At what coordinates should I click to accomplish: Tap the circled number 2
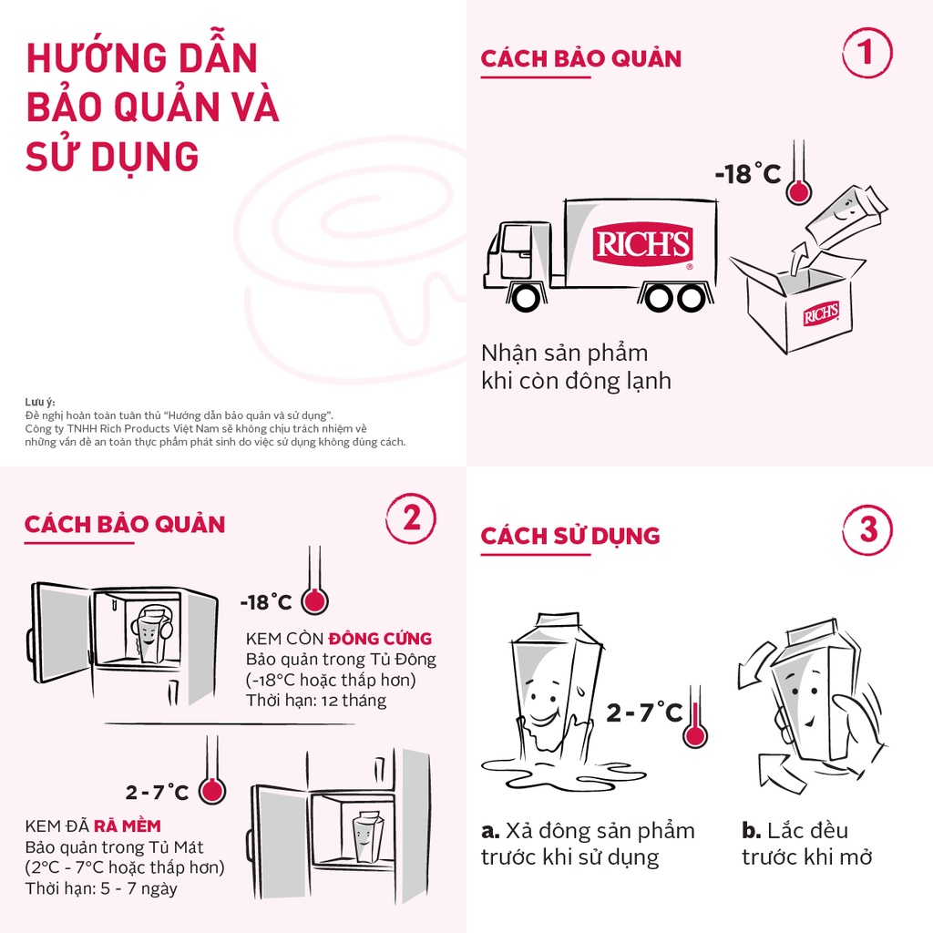[x=411, y=518]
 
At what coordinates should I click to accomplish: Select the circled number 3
[x=868, y=528]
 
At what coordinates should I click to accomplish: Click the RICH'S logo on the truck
[x=643, y=245]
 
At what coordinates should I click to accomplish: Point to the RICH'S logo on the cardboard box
[x=820, y=315]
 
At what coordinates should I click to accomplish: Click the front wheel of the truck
[x=525, y=297]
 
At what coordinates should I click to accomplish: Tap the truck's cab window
[x=516, y=239]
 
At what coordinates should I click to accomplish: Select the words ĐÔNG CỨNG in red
[x=380, y=638]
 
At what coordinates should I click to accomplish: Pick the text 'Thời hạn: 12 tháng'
[x=316, y=701]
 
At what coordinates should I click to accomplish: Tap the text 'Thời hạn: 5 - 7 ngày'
[x=101, y=888]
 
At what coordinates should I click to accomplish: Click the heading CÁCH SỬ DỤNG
[x=570, y=536]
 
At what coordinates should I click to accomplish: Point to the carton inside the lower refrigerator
[x=368, y=836]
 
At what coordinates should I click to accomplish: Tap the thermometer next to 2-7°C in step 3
[x=695, y=720]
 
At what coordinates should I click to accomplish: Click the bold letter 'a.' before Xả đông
[x=490, y=831]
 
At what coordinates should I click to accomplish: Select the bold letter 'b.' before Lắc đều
[x=751, y=831]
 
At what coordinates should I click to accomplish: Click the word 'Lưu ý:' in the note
[x=40, y=402]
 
